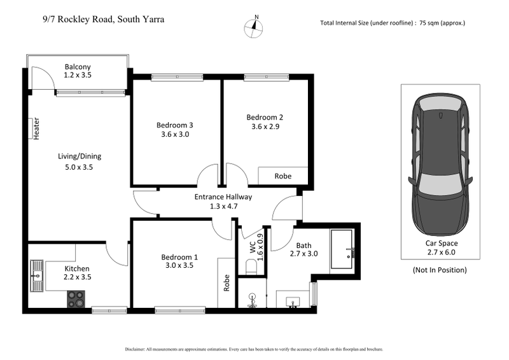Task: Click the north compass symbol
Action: (x=256, y=26)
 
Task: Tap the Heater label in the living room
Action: (x=36, y=128)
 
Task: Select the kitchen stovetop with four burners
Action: (x=76, y=299)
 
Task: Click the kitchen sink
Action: (x=37, y=275)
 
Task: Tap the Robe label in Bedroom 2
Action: (x=282, y=176)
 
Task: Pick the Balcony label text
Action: (x=78, y=67)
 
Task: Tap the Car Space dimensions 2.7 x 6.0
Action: (x=441, y=252)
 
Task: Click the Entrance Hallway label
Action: (x=223, y=197)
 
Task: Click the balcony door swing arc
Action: (x=42, y=78)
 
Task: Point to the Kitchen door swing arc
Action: (x=120, y=253)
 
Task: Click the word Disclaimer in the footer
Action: (x=136, y=349)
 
